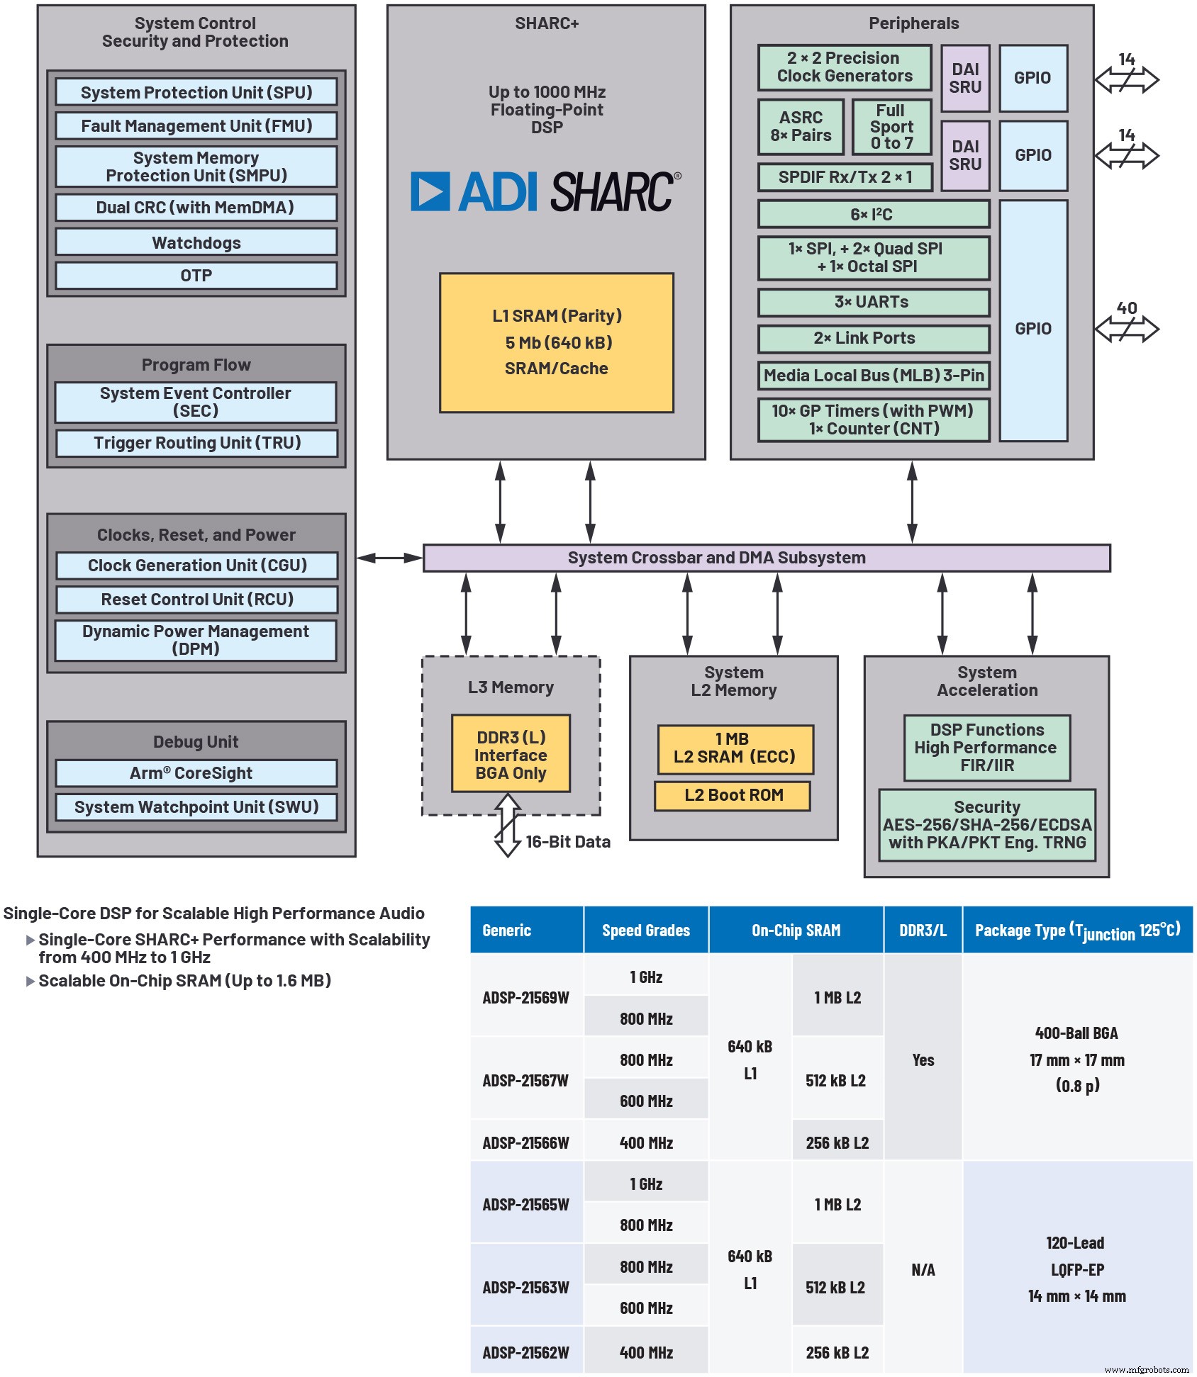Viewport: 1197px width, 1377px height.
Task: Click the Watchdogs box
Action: coord(196,242)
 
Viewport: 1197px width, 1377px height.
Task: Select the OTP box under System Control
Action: coord(196,276)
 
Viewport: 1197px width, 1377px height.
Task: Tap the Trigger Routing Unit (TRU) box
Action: coord(196,443)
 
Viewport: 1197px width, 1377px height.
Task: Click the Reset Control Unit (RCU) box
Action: coord(196,600)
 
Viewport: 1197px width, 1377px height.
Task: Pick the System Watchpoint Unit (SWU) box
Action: coord(196,807)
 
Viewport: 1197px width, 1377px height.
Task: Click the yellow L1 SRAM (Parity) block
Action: coord(556,342)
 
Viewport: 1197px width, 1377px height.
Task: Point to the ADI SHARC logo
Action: coord(545,191)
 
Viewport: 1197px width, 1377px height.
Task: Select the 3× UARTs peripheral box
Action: coord(873,303)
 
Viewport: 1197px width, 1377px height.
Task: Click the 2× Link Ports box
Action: coord(873,339)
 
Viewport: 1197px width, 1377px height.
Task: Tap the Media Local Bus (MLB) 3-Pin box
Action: coord(873,376)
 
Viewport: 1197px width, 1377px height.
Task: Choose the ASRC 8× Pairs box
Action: coord(801,127)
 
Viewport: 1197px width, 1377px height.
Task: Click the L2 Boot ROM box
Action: coord(733,795)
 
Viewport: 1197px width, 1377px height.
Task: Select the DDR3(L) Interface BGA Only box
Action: coord(511,755)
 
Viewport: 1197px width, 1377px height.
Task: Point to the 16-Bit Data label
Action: coord(567,842)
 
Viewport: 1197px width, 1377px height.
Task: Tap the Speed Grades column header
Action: coord(645,931)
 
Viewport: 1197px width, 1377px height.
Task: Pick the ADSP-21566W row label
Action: coord(525,1143)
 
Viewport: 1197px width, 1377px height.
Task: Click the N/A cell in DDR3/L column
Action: coord(923,1270)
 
